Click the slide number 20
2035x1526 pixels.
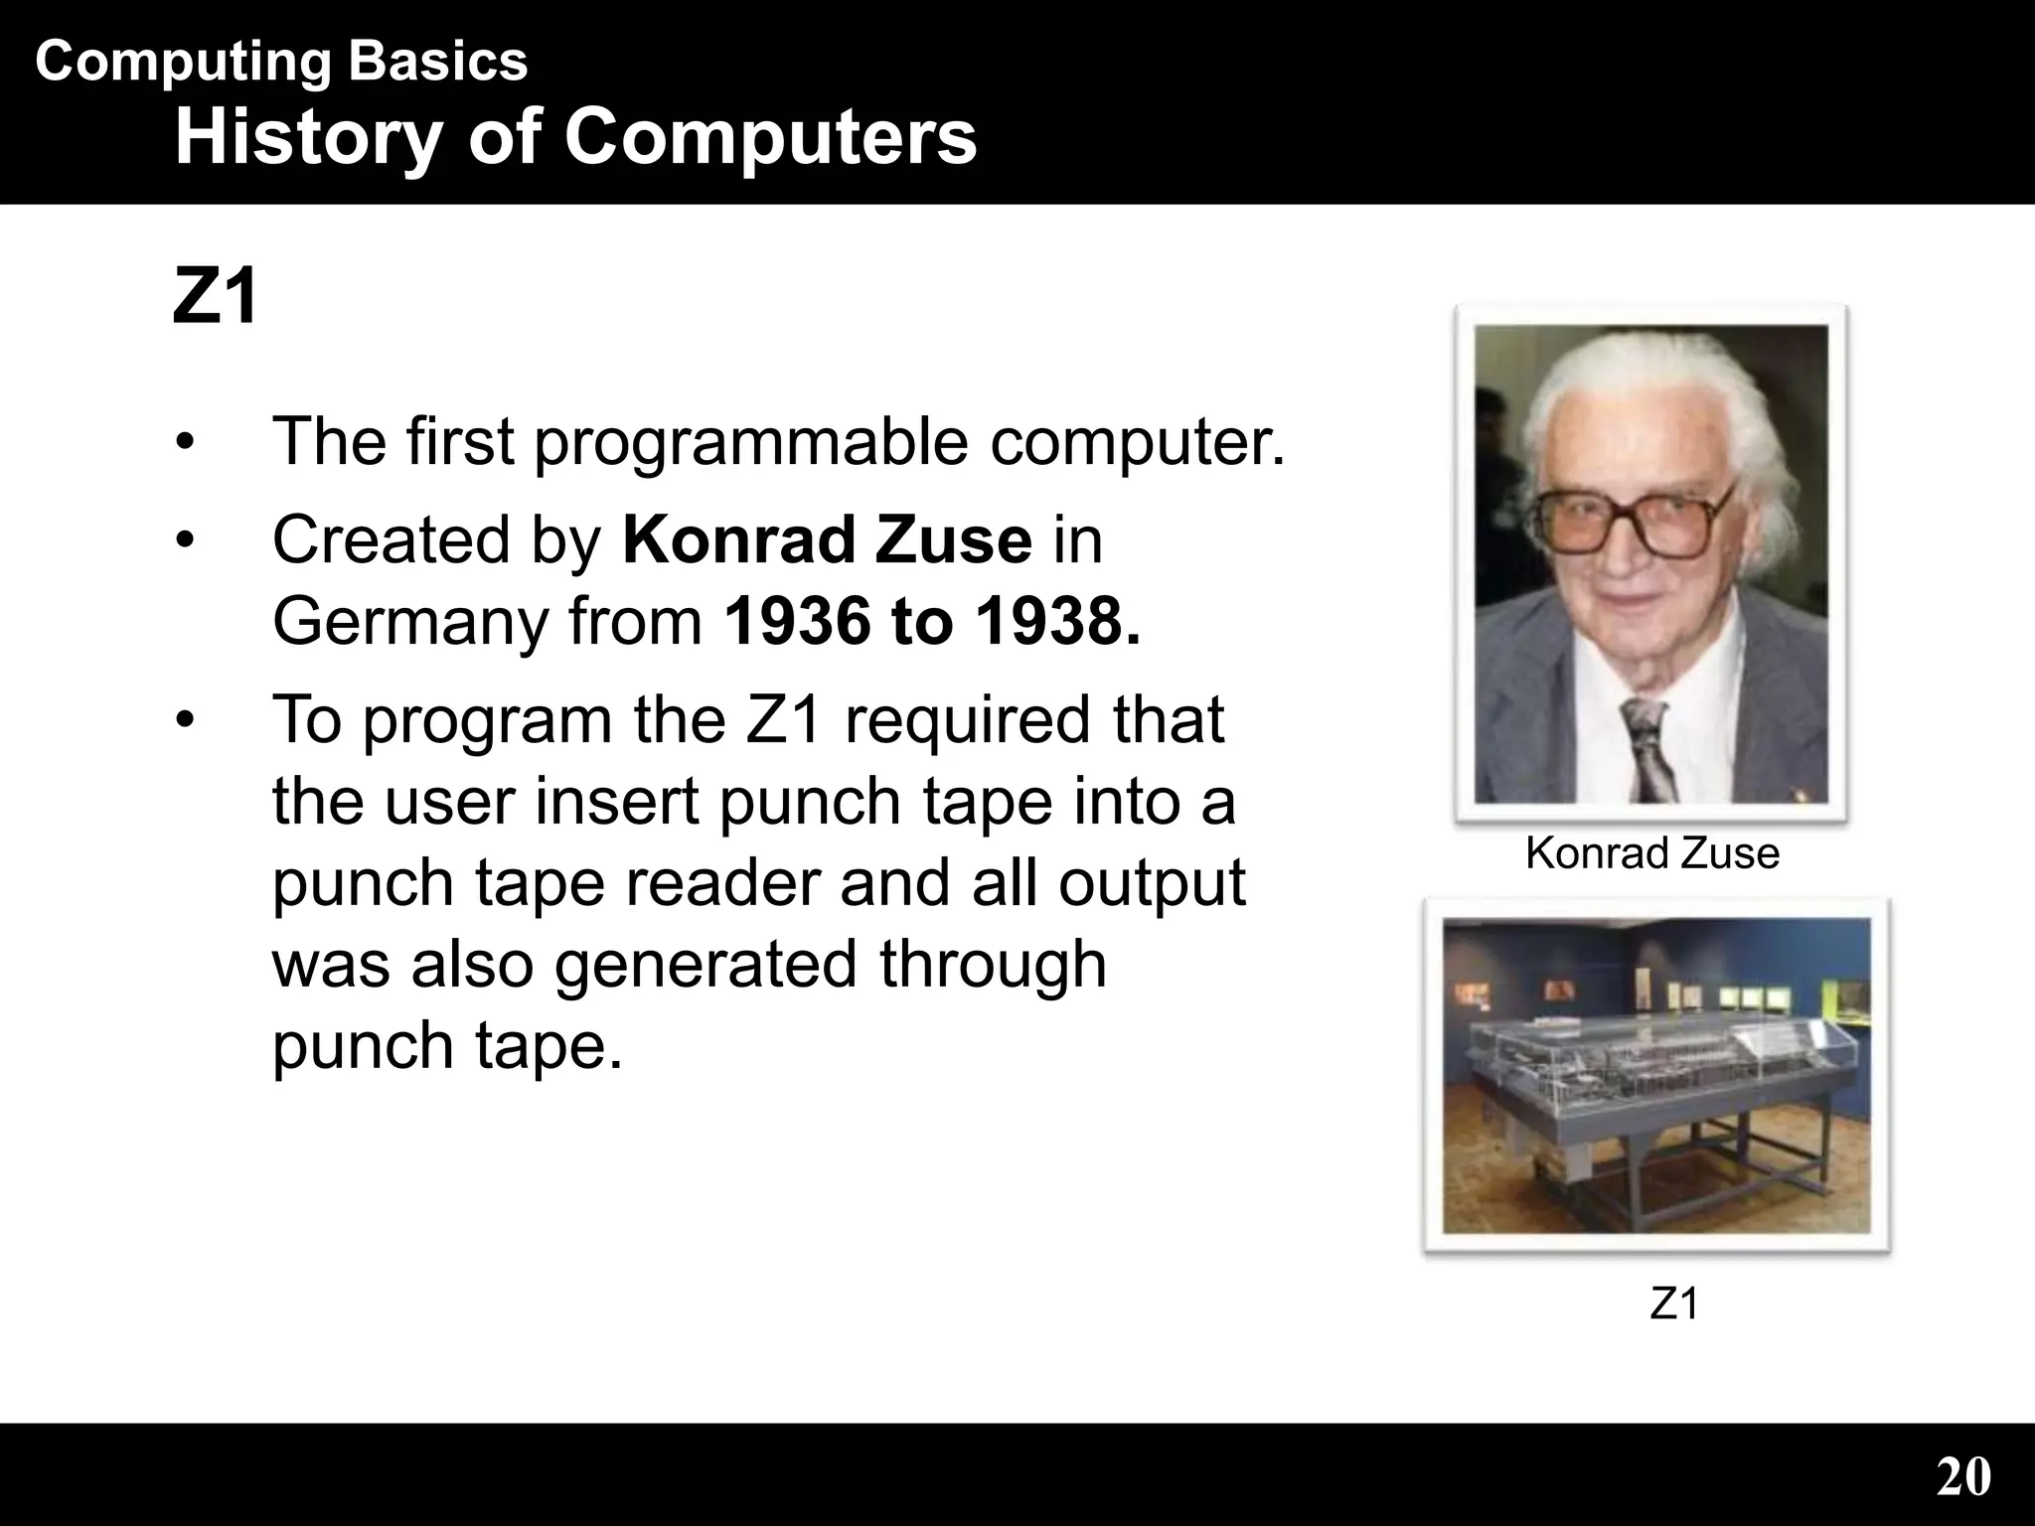[x=1962, y=1476]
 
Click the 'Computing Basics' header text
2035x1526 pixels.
[x=281, y=62]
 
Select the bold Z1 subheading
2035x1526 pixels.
[x=216, y=296]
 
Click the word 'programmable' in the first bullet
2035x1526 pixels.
[x=750, y=442]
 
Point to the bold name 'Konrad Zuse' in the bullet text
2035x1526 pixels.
[x=827, y=540]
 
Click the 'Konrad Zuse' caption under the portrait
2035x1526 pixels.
[x=1651, y=853]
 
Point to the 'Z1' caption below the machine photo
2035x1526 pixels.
[x=1673, y=1303]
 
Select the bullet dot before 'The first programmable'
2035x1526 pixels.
[x=184, y=443]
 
